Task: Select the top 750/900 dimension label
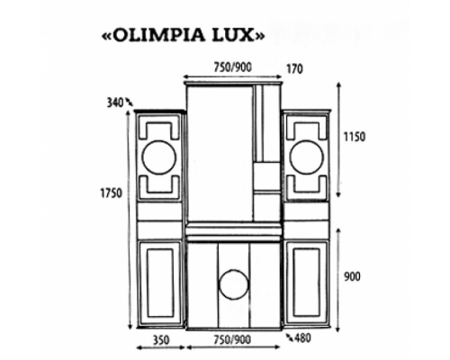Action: tap(219, 66)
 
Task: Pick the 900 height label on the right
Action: tap(352, 276)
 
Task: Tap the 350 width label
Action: tap(160, 342)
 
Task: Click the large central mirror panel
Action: tap(219, 153)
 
